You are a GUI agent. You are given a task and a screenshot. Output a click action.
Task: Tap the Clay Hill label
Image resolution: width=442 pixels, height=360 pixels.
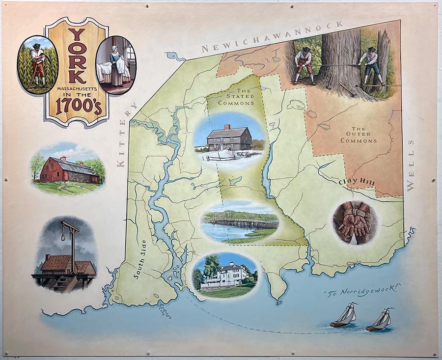coord(357,182)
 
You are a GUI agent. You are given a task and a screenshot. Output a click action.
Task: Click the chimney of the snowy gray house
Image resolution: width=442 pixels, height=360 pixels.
coord(227,127)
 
